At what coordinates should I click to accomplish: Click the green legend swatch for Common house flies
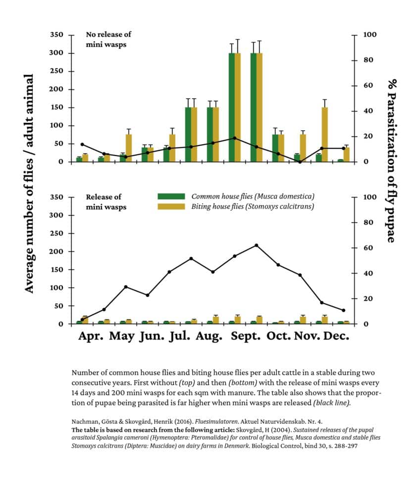[171, 197]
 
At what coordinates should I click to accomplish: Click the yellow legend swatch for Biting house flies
[171, 206]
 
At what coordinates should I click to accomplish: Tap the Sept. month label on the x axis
[246, 336]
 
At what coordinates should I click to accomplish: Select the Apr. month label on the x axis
[91, 336]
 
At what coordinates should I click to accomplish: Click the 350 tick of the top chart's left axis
[57, 35]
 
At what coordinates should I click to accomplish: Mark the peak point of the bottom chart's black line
[257, 245]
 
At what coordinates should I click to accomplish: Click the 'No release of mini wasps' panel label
[108, 39]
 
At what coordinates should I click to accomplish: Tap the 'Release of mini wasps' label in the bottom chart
[106, 202]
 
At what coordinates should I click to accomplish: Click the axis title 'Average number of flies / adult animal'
[30, 183]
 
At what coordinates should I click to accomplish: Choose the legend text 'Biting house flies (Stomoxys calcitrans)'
[253, 206]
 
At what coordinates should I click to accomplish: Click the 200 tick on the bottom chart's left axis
[57, 252]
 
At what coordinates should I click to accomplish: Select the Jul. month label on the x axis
[179, 336]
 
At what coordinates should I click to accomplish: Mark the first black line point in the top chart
[82, 144]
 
